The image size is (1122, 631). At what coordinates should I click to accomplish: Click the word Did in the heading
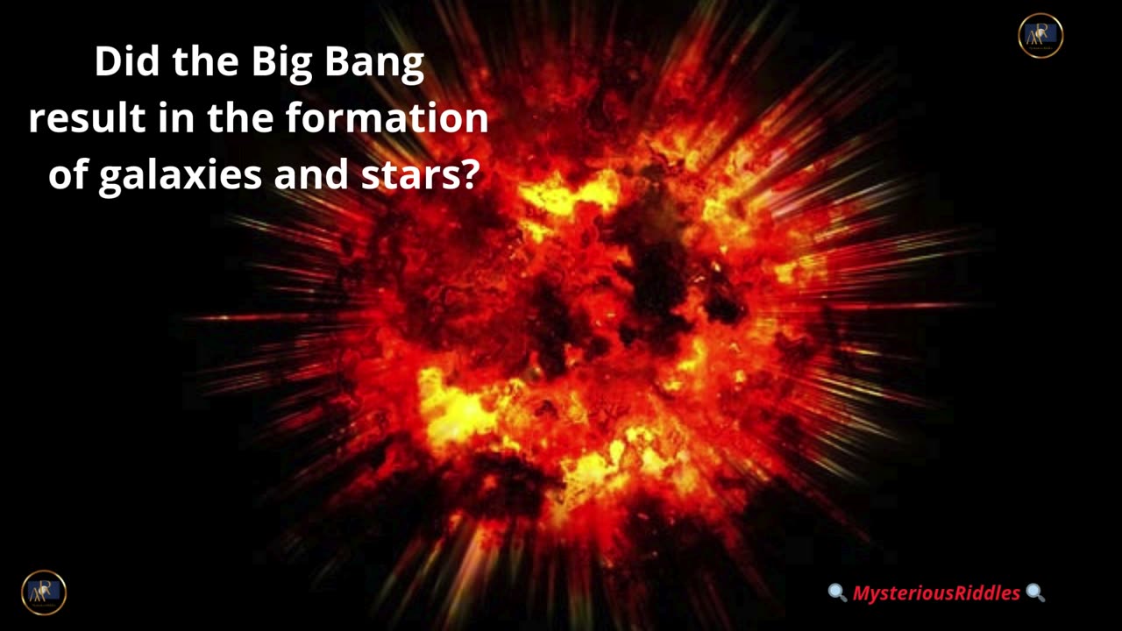pos(127,61)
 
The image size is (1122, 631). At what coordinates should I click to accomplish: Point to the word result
pos(87,117)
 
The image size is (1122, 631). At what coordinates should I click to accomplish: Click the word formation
pos(387,117)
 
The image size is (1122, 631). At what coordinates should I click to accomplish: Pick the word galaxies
pos(181,176)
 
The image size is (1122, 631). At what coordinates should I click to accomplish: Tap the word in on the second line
pos(176,118)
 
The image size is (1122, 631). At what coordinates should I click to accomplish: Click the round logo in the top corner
pos(1040,36)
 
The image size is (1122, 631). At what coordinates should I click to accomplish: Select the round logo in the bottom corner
pos(44,592)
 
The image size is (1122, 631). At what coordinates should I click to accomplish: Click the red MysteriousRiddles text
pos(936,593)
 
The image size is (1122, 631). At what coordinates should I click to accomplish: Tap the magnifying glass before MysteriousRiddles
pos(837,592)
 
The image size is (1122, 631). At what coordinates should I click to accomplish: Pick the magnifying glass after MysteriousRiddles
pos(1035,592)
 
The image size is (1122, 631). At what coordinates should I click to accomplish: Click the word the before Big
pos(205,61)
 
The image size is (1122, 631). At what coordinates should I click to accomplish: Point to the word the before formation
pos(240,117)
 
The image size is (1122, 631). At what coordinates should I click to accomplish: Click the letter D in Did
pos(107,62)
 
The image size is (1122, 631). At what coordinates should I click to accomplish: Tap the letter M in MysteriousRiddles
pos(863,593)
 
